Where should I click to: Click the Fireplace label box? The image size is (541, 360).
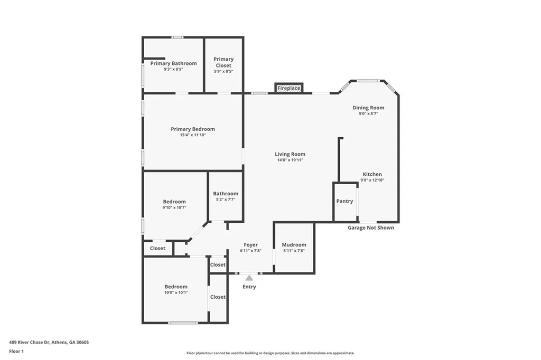click(289, 88)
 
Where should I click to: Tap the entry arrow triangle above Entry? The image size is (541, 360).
click(249, 278)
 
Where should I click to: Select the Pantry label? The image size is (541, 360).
click(344, 201)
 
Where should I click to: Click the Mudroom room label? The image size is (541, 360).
click(294, 244)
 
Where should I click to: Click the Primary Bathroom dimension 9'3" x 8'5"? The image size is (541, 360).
click(173, 69)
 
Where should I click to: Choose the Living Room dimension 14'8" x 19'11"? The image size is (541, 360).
click(290, 160)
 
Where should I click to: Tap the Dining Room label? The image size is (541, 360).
click(368, 108)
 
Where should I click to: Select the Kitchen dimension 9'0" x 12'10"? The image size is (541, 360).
click(372, 180)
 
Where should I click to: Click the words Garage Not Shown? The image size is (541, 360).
click(370, 228)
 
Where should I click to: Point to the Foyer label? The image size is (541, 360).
click(250, 244)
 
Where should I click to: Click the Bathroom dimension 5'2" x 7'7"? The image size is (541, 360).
click(226, 200)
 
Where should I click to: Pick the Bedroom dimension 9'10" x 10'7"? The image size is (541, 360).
click(174, 207)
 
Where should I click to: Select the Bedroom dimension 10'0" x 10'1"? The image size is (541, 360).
click(175, 293)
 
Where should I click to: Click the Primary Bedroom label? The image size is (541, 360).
click(193, 129)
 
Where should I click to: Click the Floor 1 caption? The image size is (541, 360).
click(16, 351)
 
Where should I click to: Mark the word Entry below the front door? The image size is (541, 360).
click(249, 287)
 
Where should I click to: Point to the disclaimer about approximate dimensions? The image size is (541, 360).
click(270, 353)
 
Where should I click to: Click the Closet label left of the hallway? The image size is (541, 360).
click(157, 248)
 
